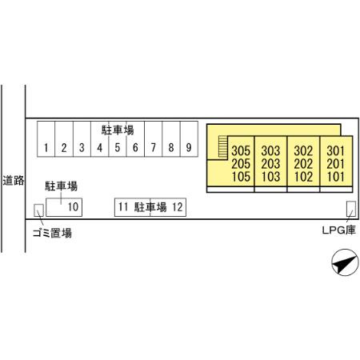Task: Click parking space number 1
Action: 46,139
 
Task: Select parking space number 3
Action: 82,139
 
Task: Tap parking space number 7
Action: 154,139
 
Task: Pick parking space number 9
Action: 189,139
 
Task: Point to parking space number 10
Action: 64,207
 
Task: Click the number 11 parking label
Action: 123,207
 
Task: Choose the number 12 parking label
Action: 178,207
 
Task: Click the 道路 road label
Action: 14,181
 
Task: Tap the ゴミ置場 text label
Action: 52,233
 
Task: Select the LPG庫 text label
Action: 339,230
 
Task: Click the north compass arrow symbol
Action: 345,262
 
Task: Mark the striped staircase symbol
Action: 223,146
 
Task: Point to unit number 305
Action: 241,150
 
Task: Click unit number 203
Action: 270,163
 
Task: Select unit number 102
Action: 303,177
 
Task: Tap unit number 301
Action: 336,150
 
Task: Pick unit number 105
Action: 241,177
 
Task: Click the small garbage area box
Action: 38,210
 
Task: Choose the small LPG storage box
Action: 351,209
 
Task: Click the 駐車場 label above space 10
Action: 61,186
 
